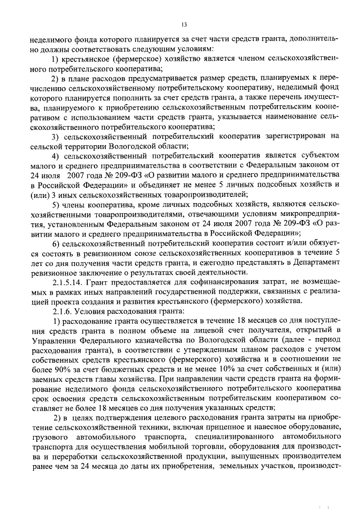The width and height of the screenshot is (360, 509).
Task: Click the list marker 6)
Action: click(x=56, y=259)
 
